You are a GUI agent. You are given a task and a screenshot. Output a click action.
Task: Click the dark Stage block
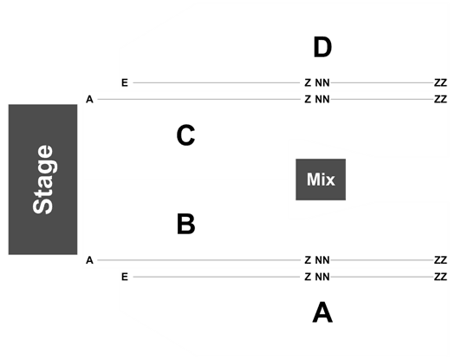(43, 180)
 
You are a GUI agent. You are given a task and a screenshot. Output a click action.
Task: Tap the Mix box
(321, 180)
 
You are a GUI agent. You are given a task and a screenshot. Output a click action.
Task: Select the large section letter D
(322, 48)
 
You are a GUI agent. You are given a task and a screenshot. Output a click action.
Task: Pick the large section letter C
(185, 135)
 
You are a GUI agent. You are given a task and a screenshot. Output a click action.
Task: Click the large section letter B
(186, 224)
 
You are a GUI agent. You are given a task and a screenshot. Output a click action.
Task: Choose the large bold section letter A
(322, 312)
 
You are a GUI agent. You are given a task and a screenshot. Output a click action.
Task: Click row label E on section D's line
(125, 82)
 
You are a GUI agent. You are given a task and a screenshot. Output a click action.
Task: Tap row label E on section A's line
(125, 277)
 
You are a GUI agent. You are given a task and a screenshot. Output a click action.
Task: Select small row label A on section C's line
(89, 100)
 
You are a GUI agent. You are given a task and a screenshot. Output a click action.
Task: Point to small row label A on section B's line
(89, 260)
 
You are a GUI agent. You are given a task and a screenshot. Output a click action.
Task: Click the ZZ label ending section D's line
(440, 82)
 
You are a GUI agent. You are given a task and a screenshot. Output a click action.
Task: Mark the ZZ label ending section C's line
(440, 100)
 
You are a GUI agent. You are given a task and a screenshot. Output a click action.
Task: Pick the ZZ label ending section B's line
(440, 260)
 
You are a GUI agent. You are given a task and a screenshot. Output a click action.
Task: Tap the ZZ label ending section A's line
(440, 277)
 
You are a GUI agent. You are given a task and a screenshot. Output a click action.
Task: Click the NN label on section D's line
(322, 82)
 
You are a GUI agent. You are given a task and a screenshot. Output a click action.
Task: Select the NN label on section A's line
(322, 277)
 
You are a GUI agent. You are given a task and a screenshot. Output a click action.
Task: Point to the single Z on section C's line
(308, 100)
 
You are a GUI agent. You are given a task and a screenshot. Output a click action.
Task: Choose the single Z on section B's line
(308, 260)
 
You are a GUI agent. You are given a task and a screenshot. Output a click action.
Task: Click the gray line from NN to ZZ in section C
(382, 100)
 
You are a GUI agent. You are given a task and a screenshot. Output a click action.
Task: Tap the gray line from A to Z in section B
(198, 260)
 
